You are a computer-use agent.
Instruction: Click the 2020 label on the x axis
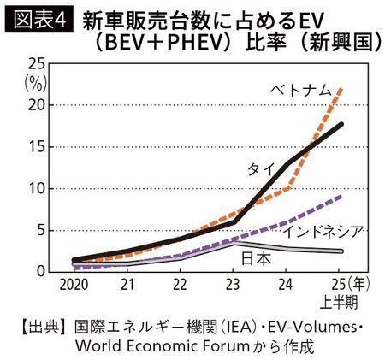pos(75,283)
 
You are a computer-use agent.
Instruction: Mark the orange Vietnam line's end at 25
pos(342,87)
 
